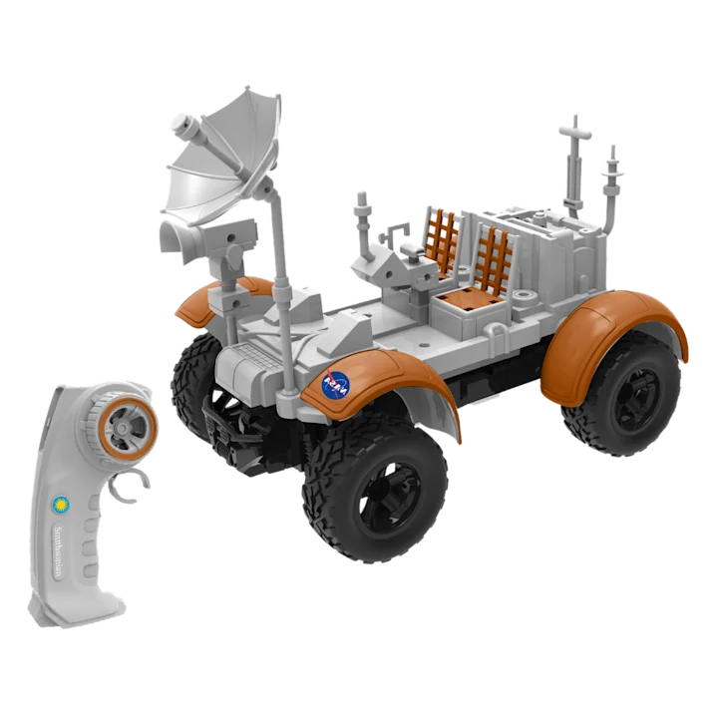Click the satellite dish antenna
219,158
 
